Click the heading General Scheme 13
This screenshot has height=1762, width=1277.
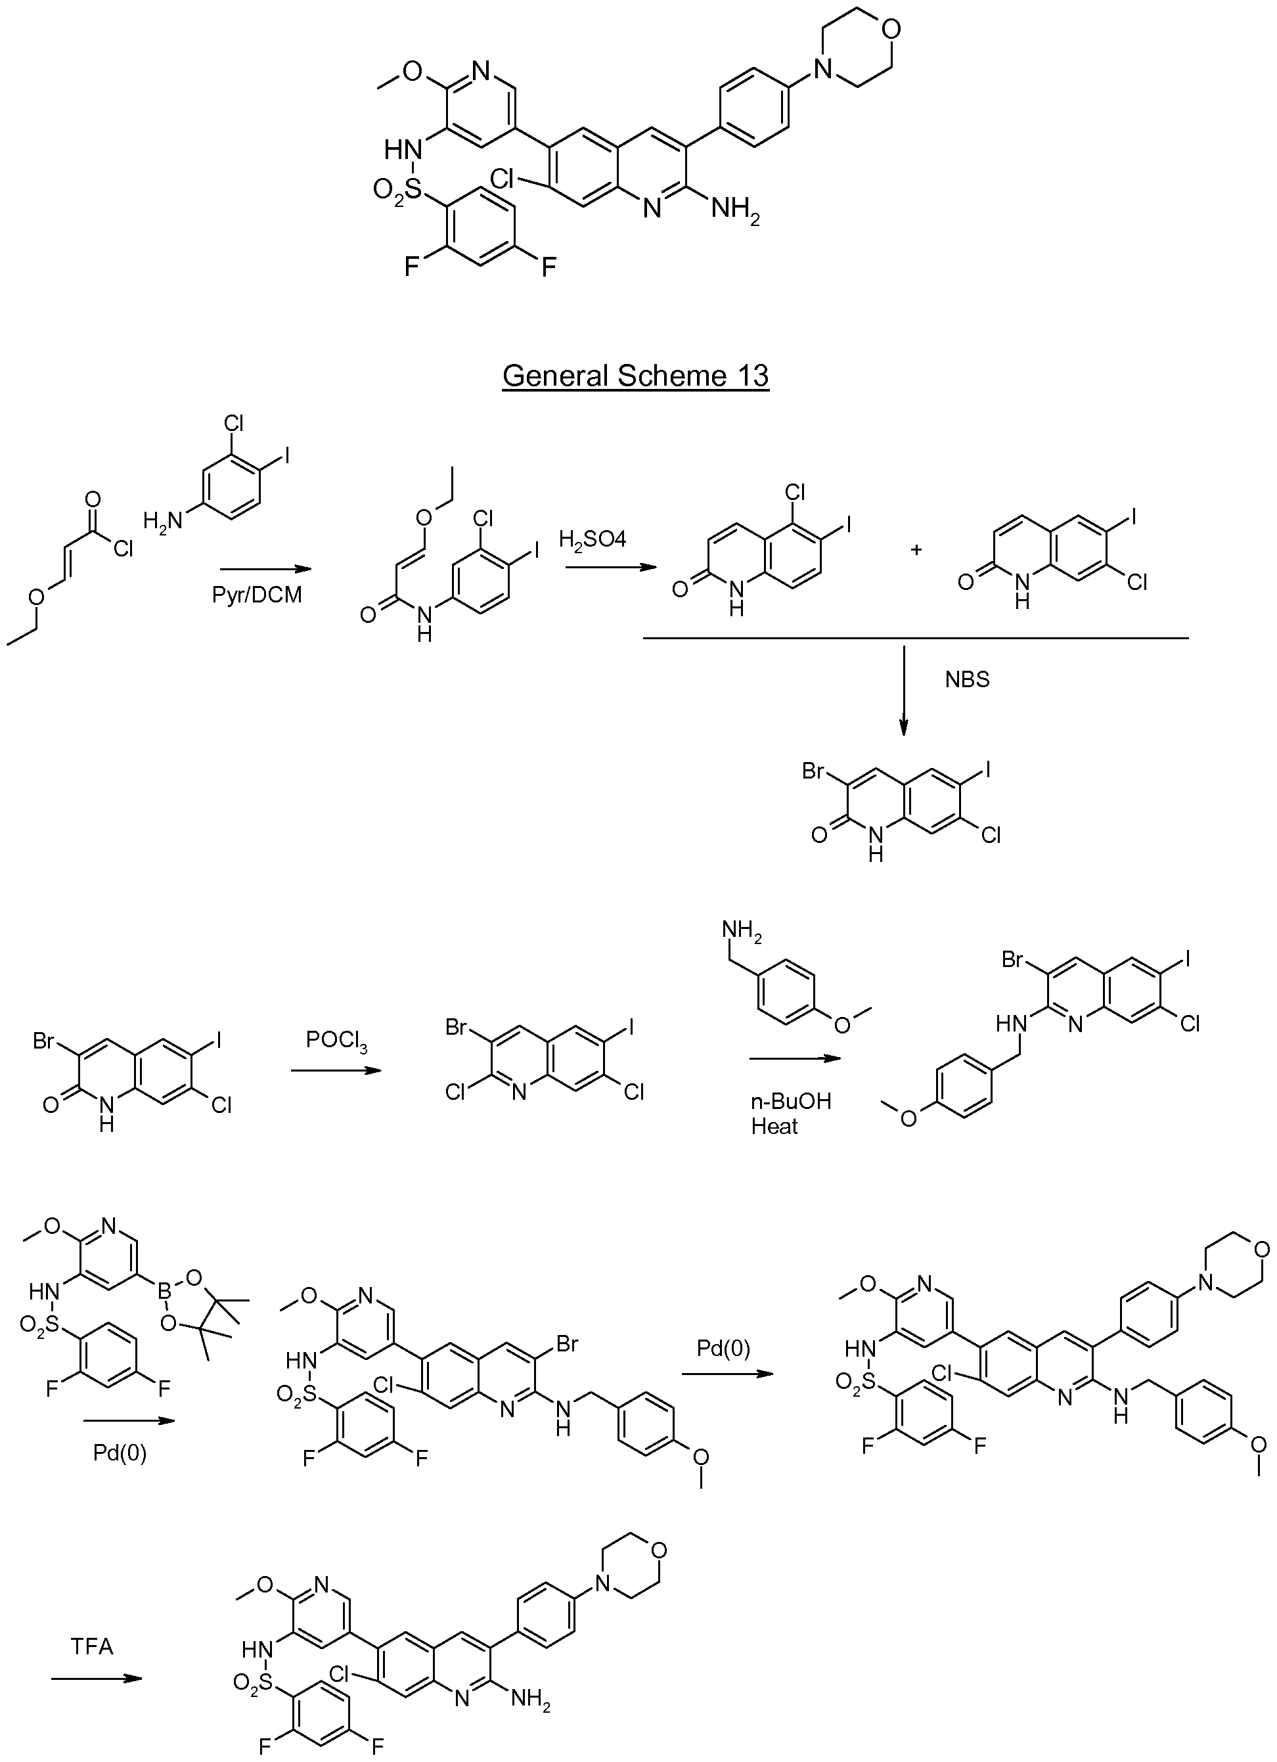[635, 375]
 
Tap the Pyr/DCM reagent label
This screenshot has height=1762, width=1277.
[256, 597]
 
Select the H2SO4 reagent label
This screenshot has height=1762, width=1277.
[593, 539]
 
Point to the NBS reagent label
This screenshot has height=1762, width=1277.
[967, 680]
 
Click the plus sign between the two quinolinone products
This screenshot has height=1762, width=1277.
[916, 550]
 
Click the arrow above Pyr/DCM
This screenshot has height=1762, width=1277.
[265, 569]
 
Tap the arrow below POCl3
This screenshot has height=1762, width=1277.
[336, 1071]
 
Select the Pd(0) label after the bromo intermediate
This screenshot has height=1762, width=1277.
[723, 1349]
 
